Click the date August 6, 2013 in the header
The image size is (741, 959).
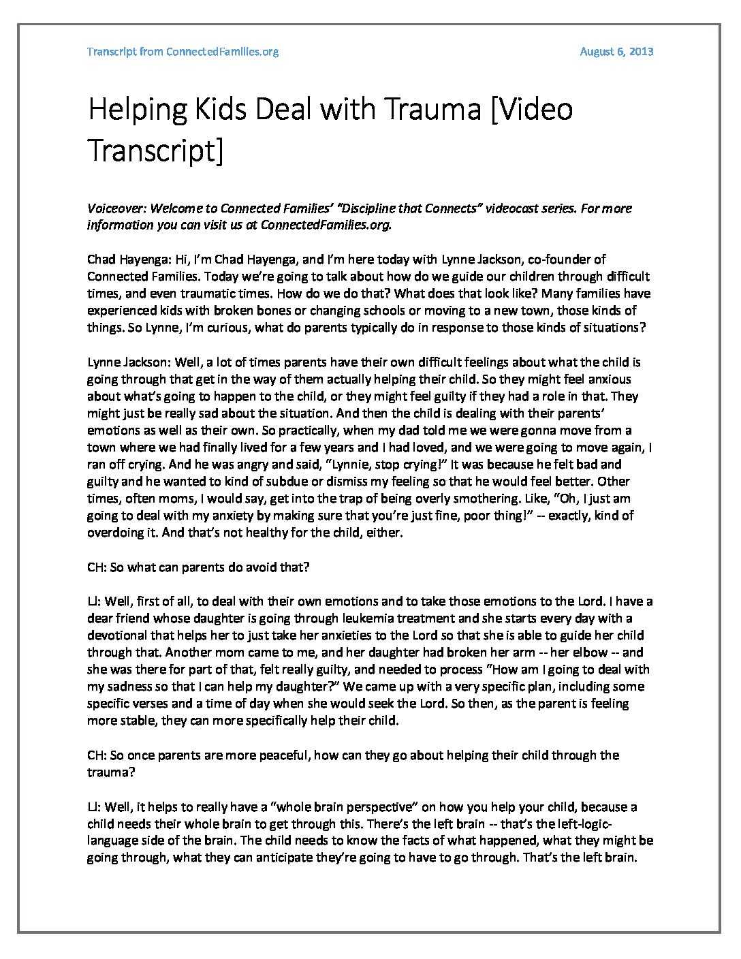(616, 52)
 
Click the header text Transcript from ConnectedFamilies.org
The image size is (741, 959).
(183, 52)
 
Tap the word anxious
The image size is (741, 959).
(609, 379)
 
